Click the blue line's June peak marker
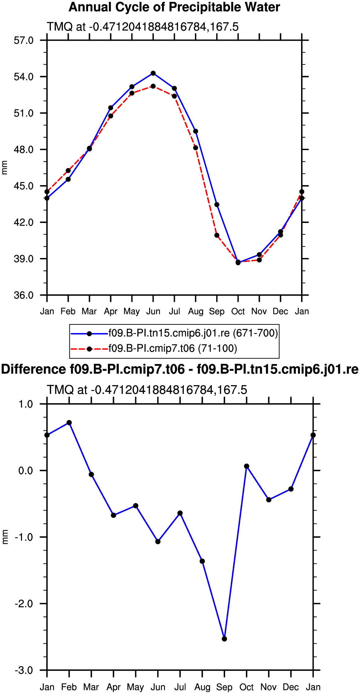153,73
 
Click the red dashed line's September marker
217,235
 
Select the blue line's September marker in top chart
217,205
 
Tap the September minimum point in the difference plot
224,639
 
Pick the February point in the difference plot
69,423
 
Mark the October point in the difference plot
247,466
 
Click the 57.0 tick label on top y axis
24,40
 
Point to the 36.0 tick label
24,295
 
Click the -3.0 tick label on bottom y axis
24,670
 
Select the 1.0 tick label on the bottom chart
26,404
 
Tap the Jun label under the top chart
153,311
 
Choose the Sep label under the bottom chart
224,687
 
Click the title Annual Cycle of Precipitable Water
174,7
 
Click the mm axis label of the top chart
4,168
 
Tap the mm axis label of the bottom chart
4,537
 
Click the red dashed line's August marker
196,148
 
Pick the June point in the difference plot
158,542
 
